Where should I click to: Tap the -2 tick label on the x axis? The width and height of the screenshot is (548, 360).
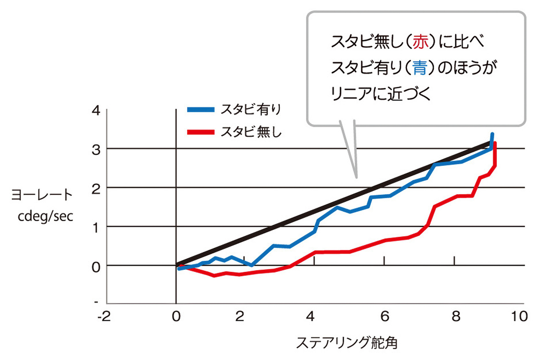pos(105,317)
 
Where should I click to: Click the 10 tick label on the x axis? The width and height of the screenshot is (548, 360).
pos(521,317)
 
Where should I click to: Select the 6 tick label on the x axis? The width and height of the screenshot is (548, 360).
pos(385,317)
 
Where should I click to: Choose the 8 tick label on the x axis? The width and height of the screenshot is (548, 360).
pos(454,317)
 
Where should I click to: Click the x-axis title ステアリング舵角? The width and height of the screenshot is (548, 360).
pos(347,343)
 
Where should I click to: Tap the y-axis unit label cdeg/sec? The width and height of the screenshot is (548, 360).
pos(42,215)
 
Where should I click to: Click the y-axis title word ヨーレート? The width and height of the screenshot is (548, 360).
pos(42,195)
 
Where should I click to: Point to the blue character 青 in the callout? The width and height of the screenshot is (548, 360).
pos(418,69)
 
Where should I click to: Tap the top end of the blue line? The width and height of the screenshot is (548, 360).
pos(492,134)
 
